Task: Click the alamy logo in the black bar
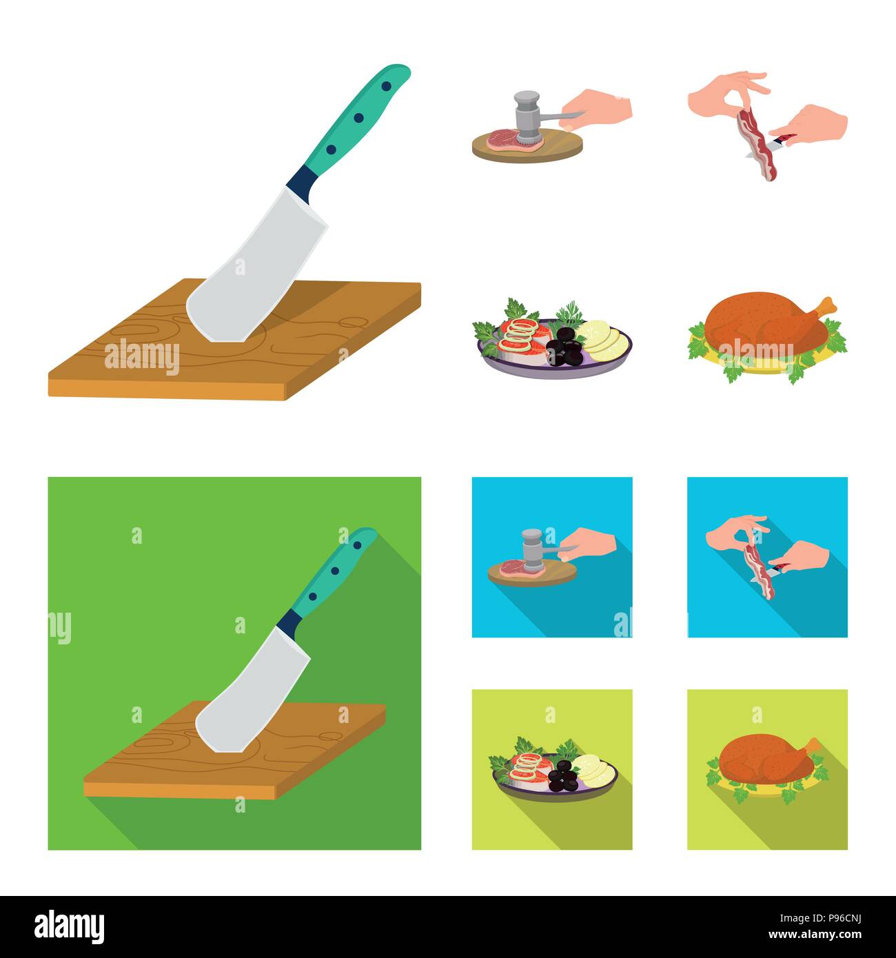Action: [69, 926]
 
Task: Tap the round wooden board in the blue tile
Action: [531, 573]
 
